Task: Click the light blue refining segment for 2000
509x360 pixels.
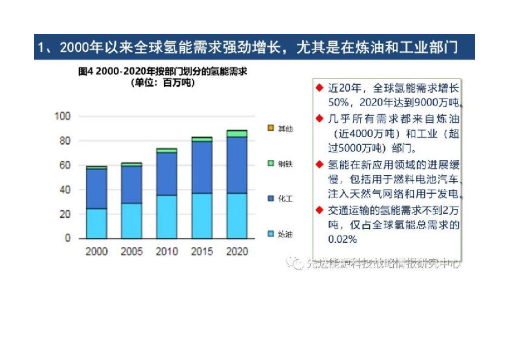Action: (x=97, y=223)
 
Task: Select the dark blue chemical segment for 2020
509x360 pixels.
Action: (x=236, y=165)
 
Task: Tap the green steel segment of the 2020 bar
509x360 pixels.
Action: (x=236, y=133)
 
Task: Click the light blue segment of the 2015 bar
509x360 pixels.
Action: (x=201, y=216)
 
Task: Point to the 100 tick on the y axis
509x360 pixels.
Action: (x=63, y=116)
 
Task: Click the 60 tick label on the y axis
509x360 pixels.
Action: (x=65, y=165)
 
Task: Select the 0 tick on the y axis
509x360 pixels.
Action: (x=68, y=238)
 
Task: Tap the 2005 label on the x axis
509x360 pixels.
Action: (x=132, y=251)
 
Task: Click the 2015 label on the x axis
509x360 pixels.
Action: (x=201, y=251)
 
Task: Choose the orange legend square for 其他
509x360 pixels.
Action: (x=270, y=128)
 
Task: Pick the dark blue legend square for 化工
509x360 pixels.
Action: (x=270, y=199)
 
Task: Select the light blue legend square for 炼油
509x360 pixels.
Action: (x=270, y=234)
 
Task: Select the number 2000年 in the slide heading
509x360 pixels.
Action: (x=82, y=47)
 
